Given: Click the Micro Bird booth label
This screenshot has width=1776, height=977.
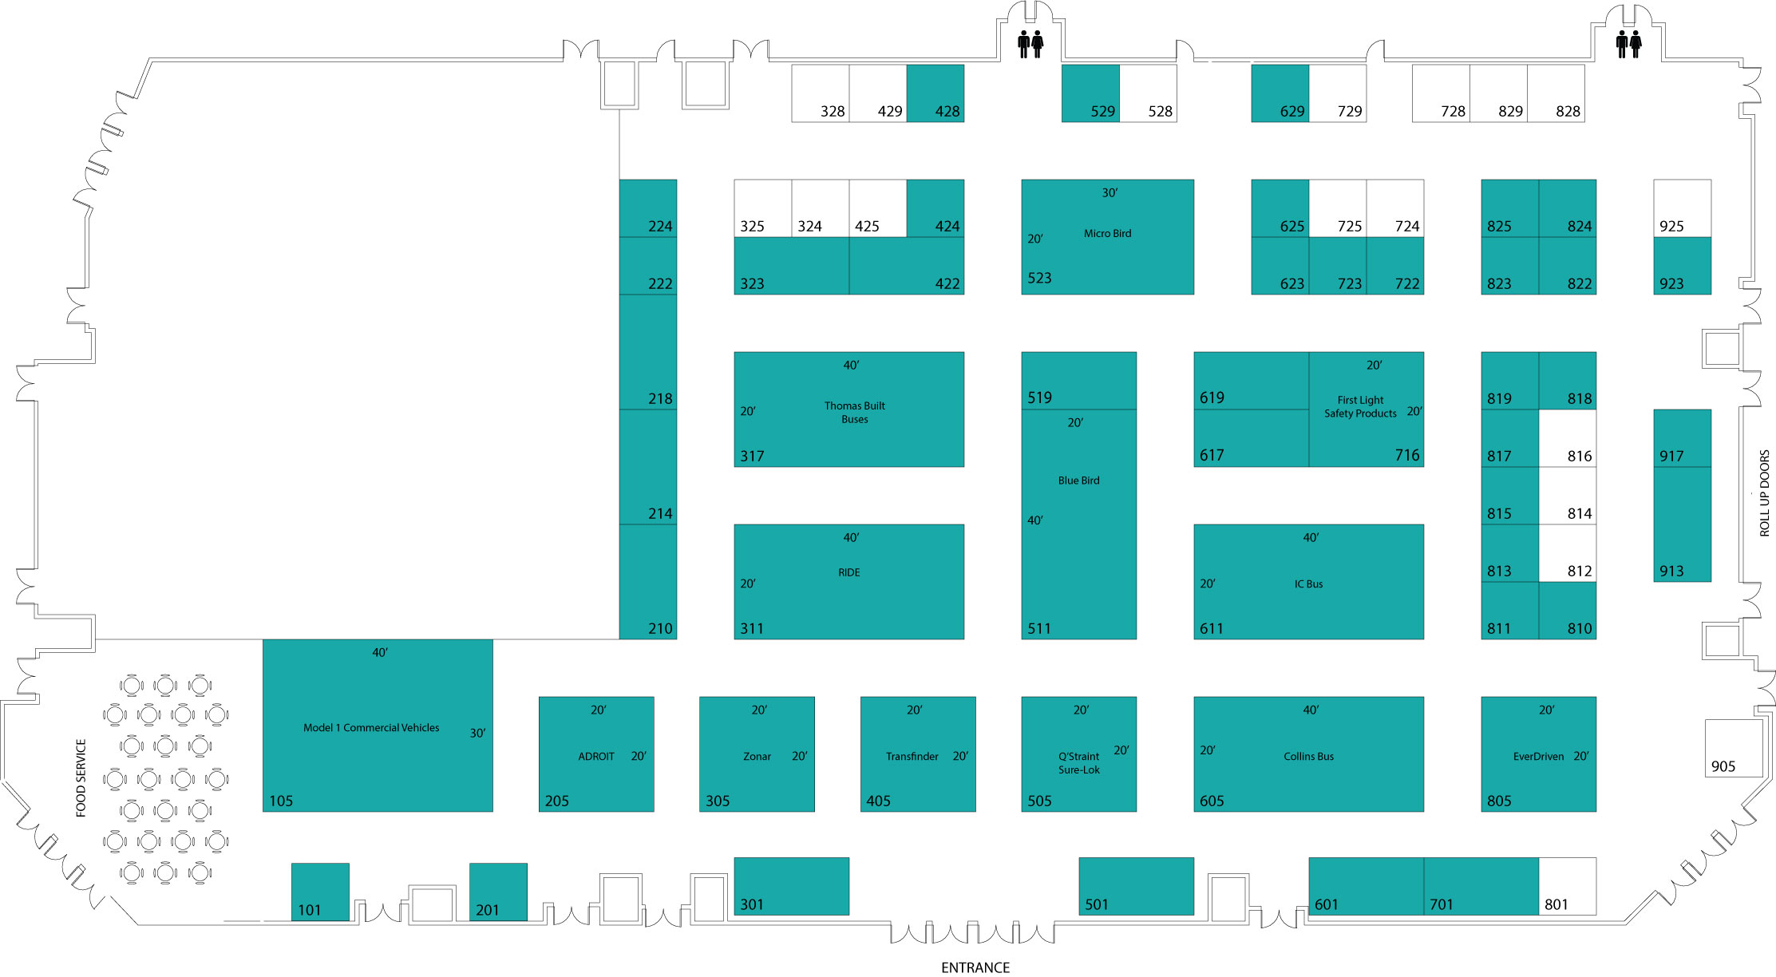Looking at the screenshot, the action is coord(1107,234).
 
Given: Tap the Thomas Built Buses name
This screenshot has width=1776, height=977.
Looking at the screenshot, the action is coord(854,413).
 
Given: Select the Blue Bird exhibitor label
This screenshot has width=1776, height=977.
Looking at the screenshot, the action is coord(1078,481).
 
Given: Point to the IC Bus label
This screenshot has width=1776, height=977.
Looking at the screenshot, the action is coord(1308,584).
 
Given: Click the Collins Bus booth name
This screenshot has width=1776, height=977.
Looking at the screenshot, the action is coord(1308,757).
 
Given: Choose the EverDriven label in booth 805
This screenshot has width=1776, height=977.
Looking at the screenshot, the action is coord(1538,757).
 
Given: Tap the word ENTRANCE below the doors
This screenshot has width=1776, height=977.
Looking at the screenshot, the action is coord(975,967).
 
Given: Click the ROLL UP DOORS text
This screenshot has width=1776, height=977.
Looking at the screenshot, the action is coord(1765,493).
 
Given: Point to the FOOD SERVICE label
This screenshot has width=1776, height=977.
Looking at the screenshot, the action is coord(81,778).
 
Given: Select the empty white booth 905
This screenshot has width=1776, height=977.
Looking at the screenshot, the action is coord(1734,748).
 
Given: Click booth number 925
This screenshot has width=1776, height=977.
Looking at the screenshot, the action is coord(1671,227).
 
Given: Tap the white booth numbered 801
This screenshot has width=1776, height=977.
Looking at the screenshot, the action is coord(1567,886).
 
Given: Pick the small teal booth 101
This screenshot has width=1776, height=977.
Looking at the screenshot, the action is coord(320,892).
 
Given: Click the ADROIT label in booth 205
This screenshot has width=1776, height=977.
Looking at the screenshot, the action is coord(596,757).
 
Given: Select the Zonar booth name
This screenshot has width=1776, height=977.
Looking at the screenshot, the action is coord(757,757).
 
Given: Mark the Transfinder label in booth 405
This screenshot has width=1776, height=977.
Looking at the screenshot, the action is coord(912,757).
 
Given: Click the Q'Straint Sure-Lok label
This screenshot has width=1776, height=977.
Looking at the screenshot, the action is coord(1078,763).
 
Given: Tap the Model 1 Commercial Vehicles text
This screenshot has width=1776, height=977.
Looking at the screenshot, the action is coord(371,728).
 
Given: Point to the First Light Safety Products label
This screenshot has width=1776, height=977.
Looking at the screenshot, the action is coord(1360,407).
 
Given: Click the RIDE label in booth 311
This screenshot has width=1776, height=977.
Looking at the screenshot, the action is coord(848,572).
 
